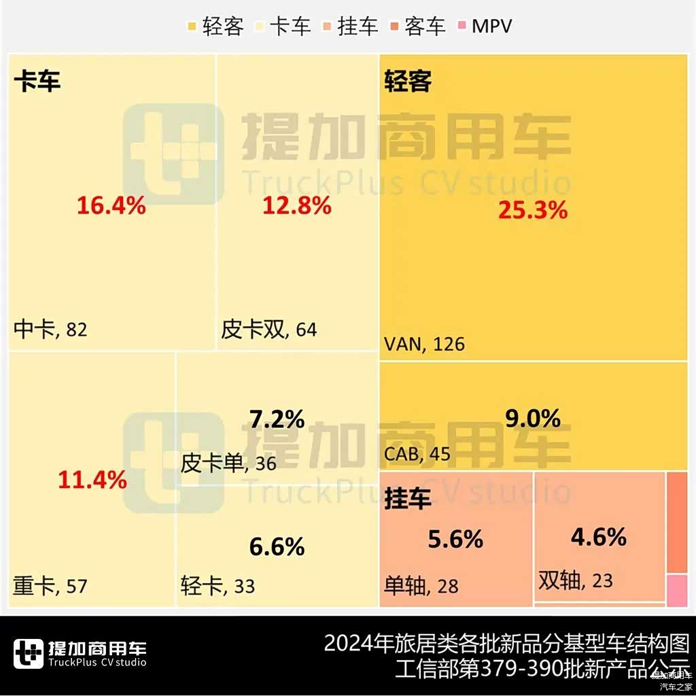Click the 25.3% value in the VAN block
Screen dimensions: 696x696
[x=532, y=211]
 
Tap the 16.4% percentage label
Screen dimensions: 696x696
[x=111, y=205]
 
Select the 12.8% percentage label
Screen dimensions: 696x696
[x=297, y=205]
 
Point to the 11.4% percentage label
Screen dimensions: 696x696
[x=92, y=481]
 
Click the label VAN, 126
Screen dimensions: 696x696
[x=425, y=344]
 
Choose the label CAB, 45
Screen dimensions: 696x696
[x=417, y=454]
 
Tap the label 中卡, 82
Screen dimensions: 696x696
[x=51, y=330]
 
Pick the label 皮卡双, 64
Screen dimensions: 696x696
[x=269, y=330]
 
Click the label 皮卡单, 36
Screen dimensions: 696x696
[x=228, y=464]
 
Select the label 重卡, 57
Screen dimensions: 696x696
[x=51, y=586]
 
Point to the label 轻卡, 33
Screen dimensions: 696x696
[x=217, y=586]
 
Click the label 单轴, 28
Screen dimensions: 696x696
[x=421, y=586]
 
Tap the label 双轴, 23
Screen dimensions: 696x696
[x=576, y=581]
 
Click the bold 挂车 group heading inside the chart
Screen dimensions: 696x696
[x=408, y=500]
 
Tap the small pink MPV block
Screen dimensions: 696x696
[x=677, y=591]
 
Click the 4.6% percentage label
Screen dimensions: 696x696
[x=598, y=538]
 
